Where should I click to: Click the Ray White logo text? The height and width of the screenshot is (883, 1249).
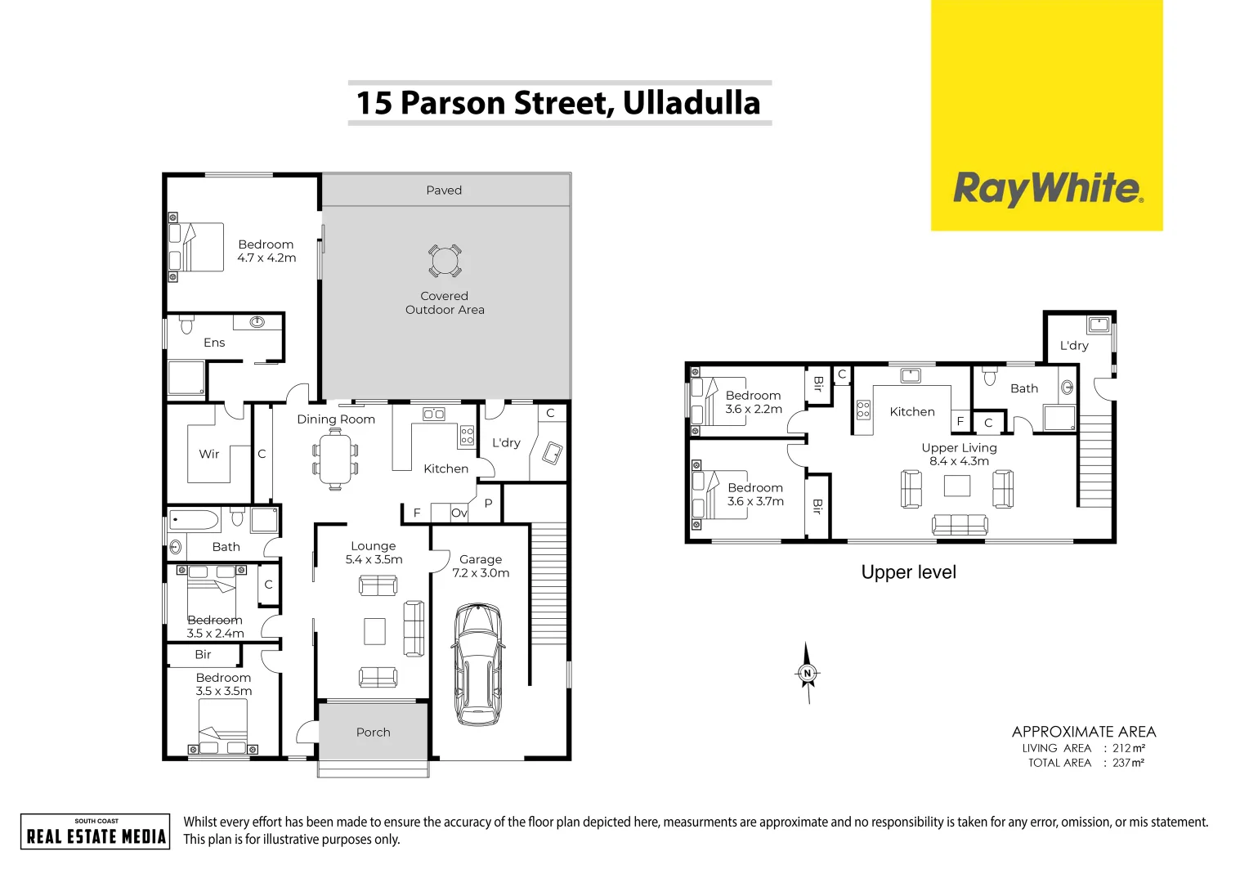(1047, 189)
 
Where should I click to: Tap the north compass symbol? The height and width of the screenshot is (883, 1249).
(808, 673)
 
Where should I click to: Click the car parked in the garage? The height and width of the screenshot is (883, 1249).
(478, 664)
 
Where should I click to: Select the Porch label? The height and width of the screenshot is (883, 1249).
(374, 733)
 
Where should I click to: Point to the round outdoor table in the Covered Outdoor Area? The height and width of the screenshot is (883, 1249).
(445, 261)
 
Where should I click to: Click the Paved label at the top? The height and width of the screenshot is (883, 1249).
(444, 190)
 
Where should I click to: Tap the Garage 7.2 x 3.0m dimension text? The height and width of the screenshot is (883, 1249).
(481, 573)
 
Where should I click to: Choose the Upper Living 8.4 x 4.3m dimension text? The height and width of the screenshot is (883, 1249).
(959, 461)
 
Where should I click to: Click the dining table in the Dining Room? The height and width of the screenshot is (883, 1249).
(335, 459)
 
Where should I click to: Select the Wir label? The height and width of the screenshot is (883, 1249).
(209, 454)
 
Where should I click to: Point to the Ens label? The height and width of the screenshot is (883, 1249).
(214, 343)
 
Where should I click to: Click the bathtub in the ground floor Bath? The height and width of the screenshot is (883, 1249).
(195, 520)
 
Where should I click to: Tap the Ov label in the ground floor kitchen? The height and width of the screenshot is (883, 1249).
(459, 513)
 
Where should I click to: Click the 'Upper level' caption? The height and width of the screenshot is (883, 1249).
(908, 572)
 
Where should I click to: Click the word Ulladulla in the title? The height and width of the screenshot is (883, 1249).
(692, 103)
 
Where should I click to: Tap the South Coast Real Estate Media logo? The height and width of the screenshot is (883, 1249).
(96, 831)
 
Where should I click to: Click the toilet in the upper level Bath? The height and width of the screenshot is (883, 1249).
(990, 377)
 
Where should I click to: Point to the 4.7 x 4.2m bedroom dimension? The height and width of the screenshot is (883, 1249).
(266, 258)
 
